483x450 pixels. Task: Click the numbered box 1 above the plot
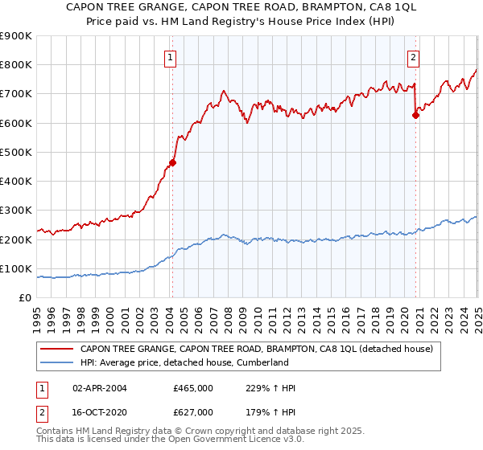point(171,57)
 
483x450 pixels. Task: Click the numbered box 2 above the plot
point(413,57)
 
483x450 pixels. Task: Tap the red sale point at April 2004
point(172,162)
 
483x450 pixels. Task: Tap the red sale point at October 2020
point(415,115)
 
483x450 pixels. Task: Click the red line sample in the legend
point(57,350)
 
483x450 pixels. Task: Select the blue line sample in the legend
point(57,362)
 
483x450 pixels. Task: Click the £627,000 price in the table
point(192,411)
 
